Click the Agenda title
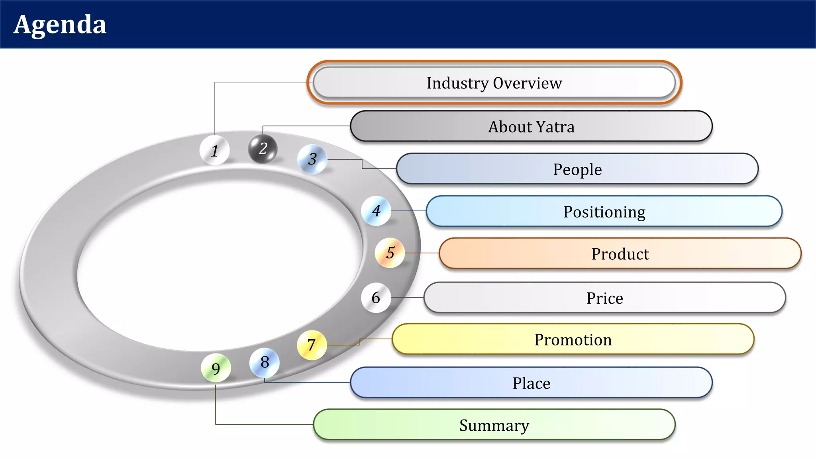coord(60,25)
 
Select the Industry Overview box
coord(494,83)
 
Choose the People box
coord(577,169)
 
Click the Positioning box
coord(604,212)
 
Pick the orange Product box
coord(620,254)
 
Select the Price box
coord(604,298)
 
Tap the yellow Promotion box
coord(573,339)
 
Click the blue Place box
coord(531,383)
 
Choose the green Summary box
coord(494,425)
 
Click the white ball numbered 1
coord(214,150)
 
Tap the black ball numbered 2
coord(263,149)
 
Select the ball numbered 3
coord(312,159)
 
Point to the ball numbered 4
coord(376,211)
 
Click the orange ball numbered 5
coord(390,253)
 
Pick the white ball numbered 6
coord(376,298)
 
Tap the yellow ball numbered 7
coord(312,345)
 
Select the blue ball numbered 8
coord(265,363)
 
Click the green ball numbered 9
coord(216,368)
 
